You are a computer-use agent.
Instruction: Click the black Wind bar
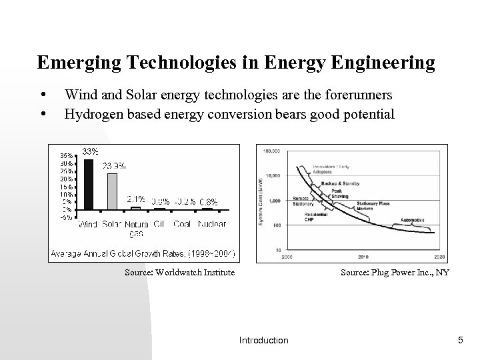pyautogui.click(x=89, y=184)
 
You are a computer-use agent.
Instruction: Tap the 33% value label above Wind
pyautogui.click(x=90, y=151)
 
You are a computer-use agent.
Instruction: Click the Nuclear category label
pyautogui.click(x=213, y=224)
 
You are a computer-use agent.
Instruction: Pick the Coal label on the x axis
pyautogui.click(x=183, y=224)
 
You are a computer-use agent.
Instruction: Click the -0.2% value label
pyautogui.click(x=184, y=201)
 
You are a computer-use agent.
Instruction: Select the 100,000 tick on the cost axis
pyautogui.click(x=273, y=151)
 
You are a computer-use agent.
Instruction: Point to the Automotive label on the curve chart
pyautogui.click(x=412, y=219)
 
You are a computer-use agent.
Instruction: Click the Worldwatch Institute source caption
pyautogui.click(x=179, y=272)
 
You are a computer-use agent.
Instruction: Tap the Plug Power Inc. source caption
pyautogui.click(x=395, y=272)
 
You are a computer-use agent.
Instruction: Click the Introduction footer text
pyautogui.click(x=263, y=341)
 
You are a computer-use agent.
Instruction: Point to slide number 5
pyautogui.click(x=460, y=341)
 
